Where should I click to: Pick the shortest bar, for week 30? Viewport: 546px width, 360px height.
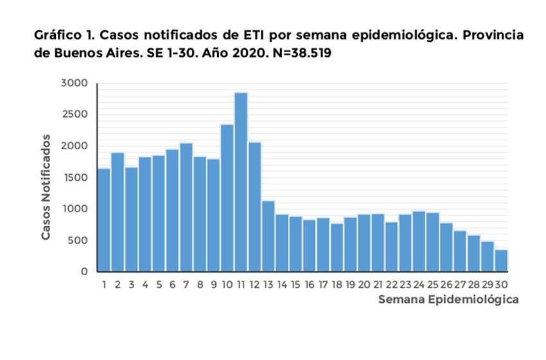[x=501, y=260]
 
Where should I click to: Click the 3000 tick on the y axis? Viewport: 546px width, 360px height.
[x=74, y=83]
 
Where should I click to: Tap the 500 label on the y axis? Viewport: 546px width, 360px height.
[x=77, y=240]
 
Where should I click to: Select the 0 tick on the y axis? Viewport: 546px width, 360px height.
[x=84, y=272]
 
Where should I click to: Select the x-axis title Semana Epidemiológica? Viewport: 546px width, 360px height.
[x=448, y=300]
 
